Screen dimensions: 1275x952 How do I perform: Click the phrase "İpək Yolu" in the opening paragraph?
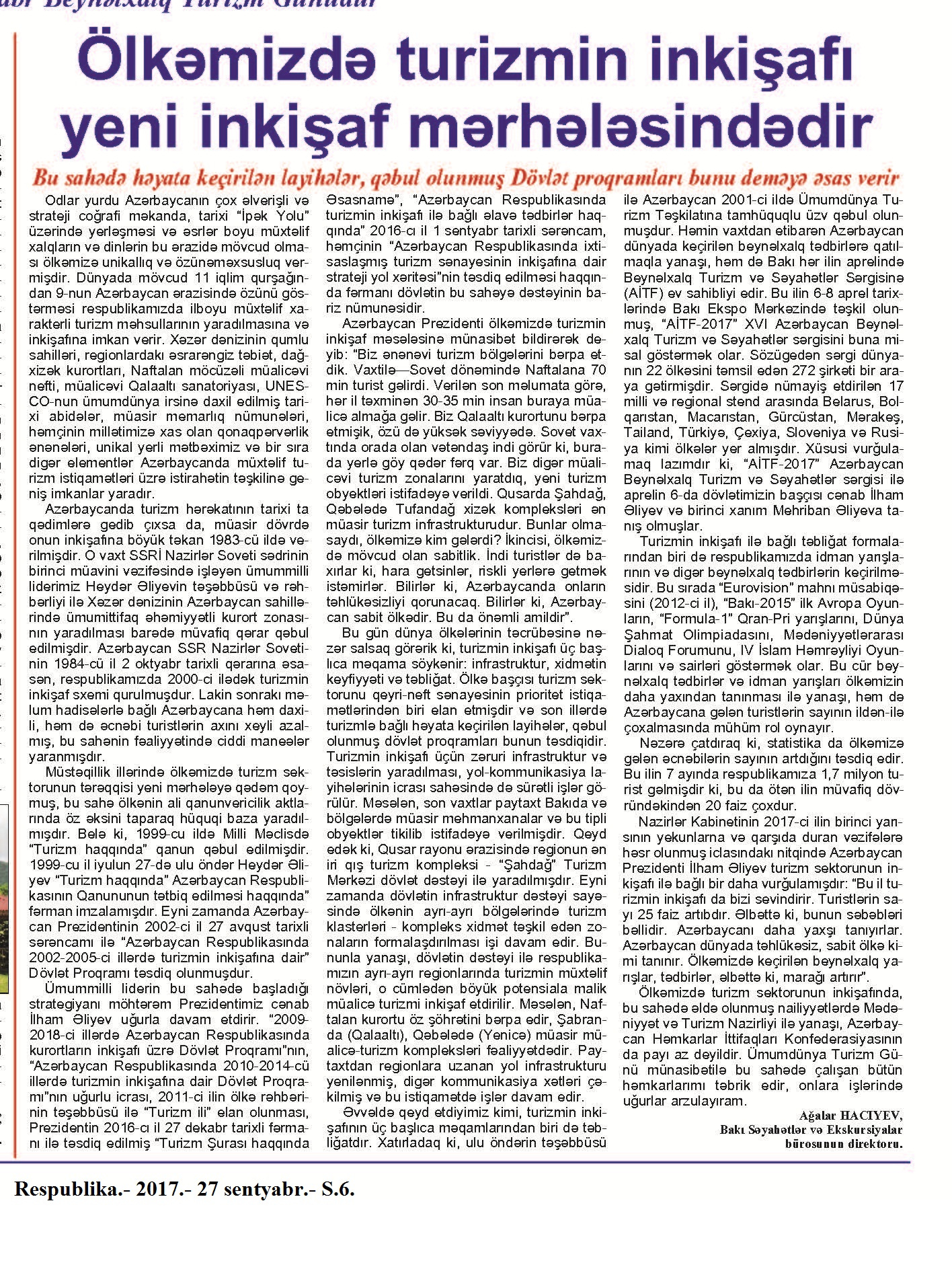point(275,216)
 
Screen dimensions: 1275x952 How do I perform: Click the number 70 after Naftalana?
point(598,370)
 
